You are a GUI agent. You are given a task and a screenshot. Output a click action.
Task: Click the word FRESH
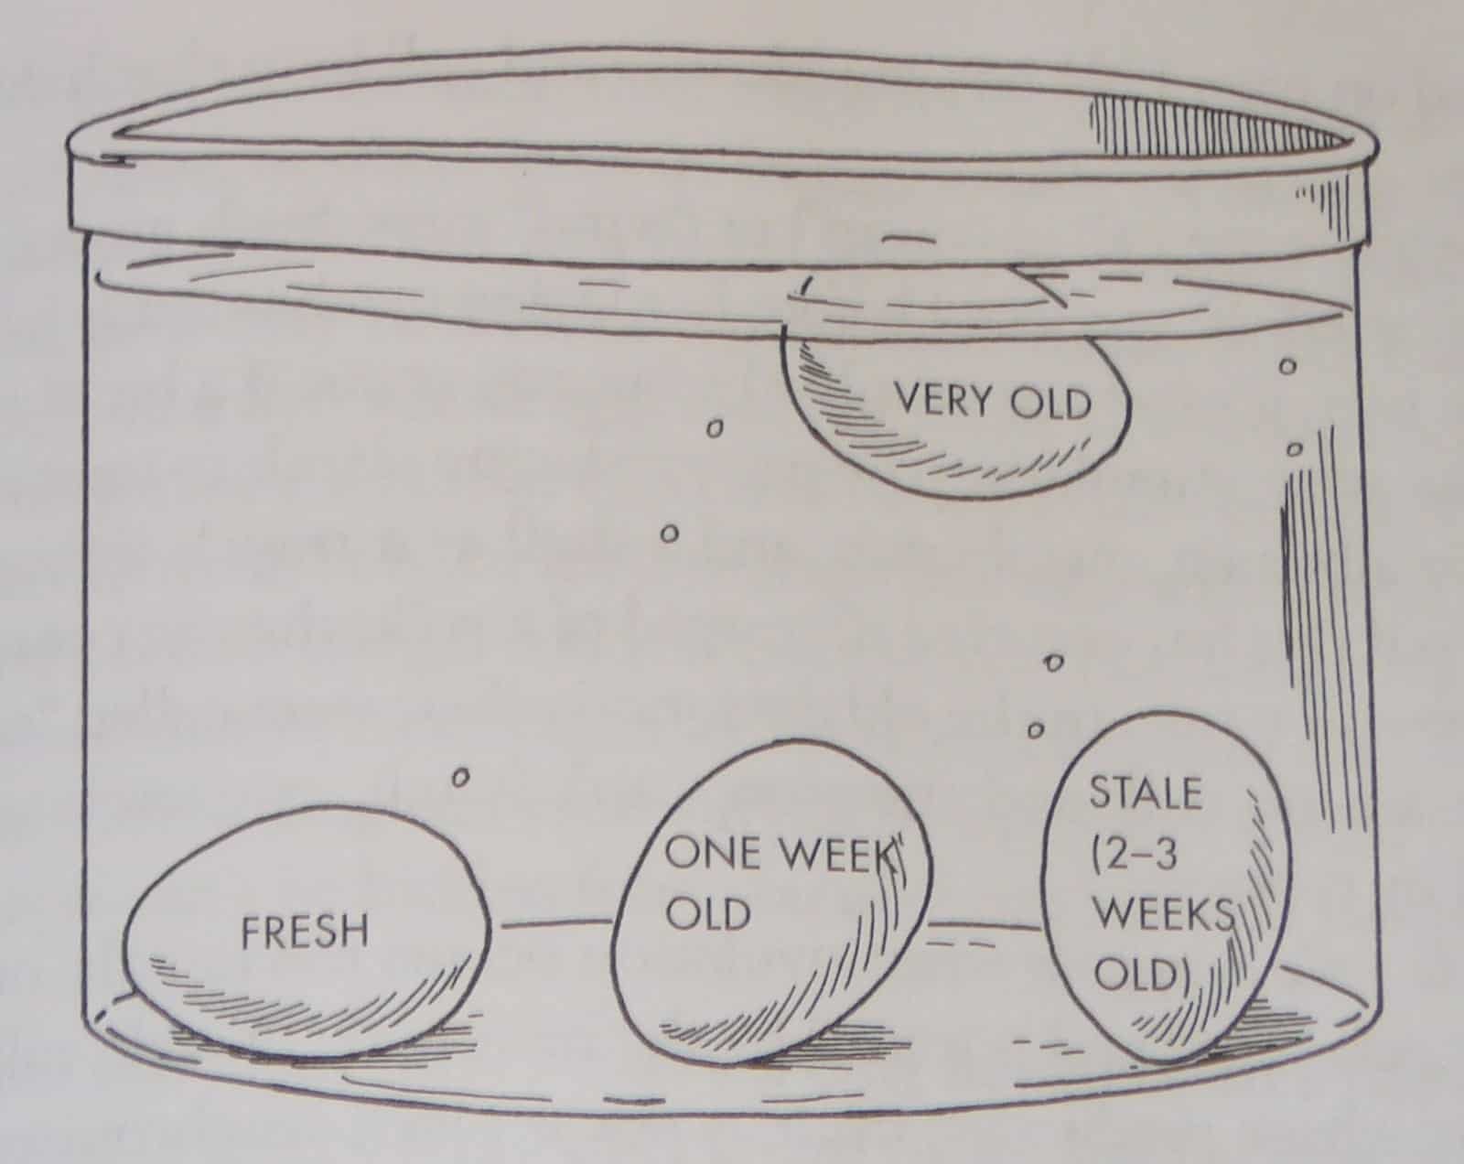305,932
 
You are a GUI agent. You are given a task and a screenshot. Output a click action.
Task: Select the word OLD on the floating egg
1050,404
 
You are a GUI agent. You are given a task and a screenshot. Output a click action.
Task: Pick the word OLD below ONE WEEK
708,912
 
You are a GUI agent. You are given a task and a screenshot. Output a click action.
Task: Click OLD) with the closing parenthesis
1143,974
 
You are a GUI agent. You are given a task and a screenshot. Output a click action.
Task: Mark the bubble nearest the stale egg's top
1035,730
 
